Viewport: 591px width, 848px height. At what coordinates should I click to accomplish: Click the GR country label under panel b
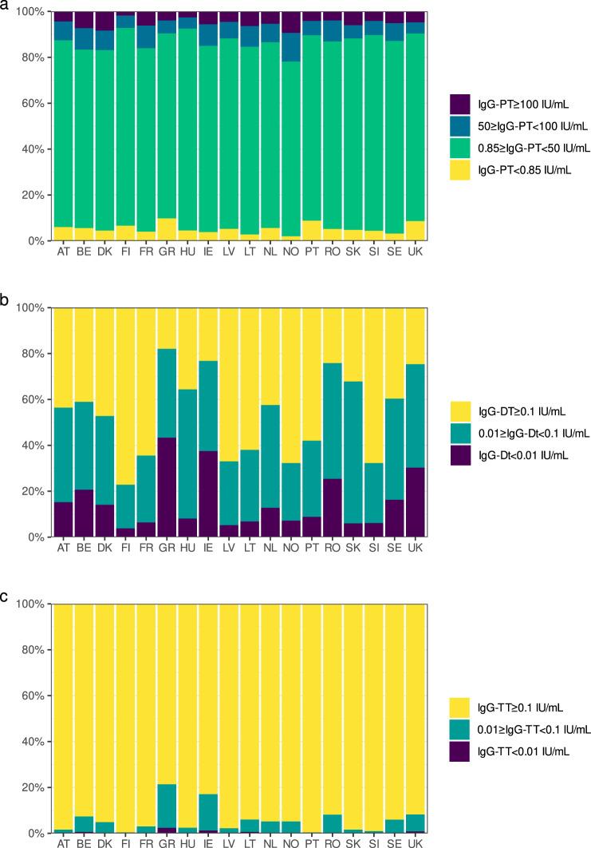tap(167, 548)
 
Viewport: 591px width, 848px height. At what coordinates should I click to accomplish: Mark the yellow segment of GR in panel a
tap(167, 229)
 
